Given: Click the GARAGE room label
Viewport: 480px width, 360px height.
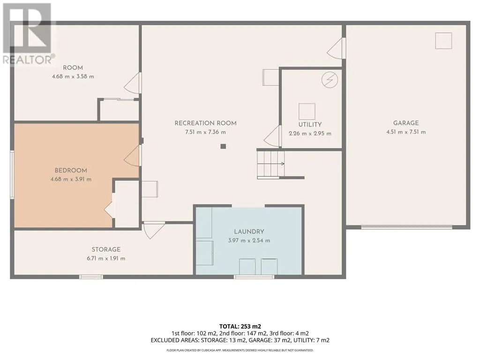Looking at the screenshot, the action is click(x=406, y=123).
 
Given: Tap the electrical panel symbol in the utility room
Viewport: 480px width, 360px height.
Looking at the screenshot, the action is click(x=330, y=80).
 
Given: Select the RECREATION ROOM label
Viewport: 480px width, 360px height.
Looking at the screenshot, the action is click(x=205, y=123).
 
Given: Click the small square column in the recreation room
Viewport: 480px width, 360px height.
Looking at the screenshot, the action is click(x=223, y=146).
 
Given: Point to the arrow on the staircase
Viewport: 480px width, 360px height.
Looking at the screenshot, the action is click(x=271, y=164).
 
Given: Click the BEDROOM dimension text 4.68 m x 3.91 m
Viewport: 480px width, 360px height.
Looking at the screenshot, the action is click(x=71, y=180).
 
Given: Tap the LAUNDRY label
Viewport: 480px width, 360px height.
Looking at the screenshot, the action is click(x=249, y=232).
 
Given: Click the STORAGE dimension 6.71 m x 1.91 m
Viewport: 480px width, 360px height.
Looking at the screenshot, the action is click(x=106, y=258).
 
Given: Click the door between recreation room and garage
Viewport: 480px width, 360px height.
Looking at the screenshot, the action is click(x=337, y=48).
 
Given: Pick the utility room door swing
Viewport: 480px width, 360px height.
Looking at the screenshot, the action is click(x=272, y=136).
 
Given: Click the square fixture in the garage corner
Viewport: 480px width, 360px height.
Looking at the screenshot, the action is click(x=443, y=41).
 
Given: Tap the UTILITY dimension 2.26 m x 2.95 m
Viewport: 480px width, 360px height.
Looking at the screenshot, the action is click(x=310, y=134).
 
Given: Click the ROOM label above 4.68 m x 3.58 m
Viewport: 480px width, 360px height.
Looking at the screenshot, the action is click(x=73, y=67).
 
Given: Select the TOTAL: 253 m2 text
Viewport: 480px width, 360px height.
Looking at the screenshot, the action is click(x=240, y=326).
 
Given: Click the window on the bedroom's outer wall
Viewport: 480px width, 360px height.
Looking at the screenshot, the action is click(x=12, y=174).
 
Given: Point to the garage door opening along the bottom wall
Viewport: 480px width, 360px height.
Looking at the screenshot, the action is click(x=406, y=227).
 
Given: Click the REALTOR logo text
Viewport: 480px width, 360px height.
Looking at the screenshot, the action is click(x=29, y=60).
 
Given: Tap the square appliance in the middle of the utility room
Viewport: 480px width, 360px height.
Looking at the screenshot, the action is click(x=307, y=112).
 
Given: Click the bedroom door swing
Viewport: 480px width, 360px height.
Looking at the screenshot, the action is click(x=133, y=156).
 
